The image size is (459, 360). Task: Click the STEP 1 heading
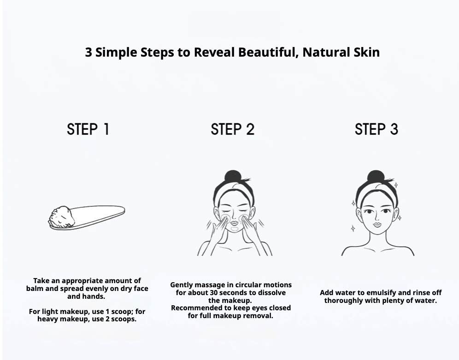coord(88,129)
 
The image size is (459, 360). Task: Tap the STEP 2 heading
coord(232,129)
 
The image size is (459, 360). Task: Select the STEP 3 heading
coord(377,129)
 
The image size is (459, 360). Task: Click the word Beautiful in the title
coord(268,52)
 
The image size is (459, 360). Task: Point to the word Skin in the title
coord(367,52)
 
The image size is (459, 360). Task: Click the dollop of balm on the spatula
coord(61,216)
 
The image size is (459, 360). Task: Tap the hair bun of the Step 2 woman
coord(233,176)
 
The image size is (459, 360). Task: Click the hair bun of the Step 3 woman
coord(376,176)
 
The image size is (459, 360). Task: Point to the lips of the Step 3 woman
coord(377,224)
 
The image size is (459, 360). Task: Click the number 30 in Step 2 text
coord(214,292)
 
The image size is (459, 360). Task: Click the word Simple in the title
coord(117,52)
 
